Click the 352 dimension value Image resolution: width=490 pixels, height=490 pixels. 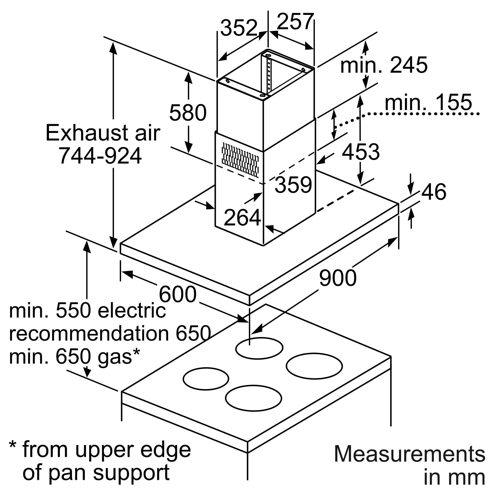click(239, 28)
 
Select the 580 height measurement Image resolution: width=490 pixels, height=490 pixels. click(188, 113)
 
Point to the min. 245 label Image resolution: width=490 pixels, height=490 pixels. click(384, 65)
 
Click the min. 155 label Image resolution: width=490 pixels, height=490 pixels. click(428, 102)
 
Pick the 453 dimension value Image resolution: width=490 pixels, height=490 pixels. click(361, 152)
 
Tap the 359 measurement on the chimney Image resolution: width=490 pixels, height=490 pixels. click(293, 185)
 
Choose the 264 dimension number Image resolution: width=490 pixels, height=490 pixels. click(243, 217)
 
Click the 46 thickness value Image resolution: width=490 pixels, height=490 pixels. click(434, 192)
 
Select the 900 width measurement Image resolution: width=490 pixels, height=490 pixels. click(338, 278)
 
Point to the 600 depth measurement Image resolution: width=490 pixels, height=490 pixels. click(178, 294)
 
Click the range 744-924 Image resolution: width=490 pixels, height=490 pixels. click(100, 156)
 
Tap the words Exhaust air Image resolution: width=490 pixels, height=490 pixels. click(103, 133)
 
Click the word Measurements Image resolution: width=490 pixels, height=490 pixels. click(409, 454)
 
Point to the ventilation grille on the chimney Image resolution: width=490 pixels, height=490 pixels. click(240, 160)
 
